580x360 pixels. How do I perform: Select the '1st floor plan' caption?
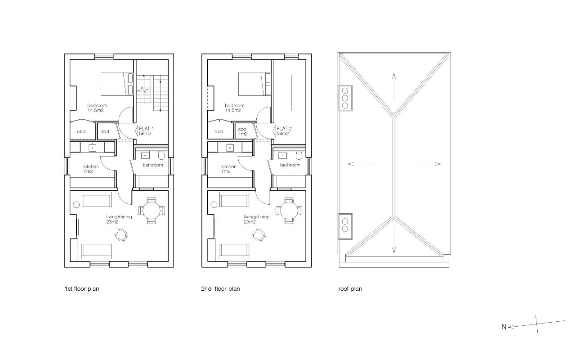click(82, 289)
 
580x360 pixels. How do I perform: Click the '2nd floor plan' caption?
click(220, 289)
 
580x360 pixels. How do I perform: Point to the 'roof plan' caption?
click(350, 289)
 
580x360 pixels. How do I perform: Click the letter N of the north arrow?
click(504, 327)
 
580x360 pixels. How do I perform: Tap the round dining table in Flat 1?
click(152, 211)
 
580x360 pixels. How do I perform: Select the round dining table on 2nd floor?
click(289, 211)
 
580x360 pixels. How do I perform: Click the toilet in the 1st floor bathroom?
click(161, 155)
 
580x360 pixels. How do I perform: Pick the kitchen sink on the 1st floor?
click(93, 148)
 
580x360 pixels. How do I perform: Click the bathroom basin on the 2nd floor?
click(282, 156)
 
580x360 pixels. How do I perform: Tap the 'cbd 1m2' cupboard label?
click(242, 131)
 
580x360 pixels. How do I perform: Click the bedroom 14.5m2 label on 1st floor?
click(97, 108)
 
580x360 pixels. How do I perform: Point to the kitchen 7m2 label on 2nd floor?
click(229, 169)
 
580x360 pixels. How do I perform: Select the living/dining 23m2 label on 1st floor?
click(119, 219)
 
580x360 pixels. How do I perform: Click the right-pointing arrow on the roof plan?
click(427, 164)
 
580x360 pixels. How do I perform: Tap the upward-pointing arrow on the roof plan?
click(394, 87)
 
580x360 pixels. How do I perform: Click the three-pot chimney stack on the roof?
click(345, 98)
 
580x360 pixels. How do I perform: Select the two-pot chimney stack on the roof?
click(345, 226)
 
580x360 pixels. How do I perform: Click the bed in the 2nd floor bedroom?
click(254, 84)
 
